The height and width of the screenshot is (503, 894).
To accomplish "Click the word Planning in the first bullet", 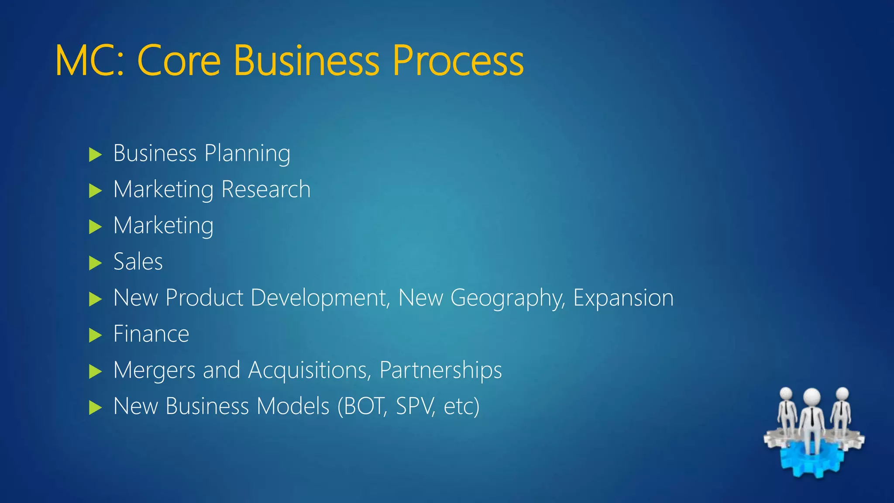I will pyautogui.click(x=247, y=154).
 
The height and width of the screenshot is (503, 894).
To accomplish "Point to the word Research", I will pyautogui.click(x=266, y=189).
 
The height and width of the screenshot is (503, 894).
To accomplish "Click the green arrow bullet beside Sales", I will pyautogui.click(x=95, y=263).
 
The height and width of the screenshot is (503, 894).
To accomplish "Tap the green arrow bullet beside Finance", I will pyautogui.click(x=95, y=335).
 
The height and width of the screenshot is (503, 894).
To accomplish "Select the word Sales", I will pyautogui.click(x=138, y=262).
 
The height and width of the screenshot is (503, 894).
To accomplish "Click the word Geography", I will pyautogui.click(x=508, y=299).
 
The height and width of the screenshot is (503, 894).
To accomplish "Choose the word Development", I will pyautogui.click(x=320, y=298).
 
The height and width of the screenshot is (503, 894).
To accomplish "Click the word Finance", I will pyautogui.click(x=151, y=334).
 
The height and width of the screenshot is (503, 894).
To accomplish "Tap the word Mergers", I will pyautogui.click(x=154, y=371).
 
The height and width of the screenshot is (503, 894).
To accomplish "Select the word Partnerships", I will pyautogui.click(x=440, y=371).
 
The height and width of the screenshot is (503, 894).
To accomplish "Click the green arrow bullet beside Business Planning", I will pyautogui.click(x=95, y=155).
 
